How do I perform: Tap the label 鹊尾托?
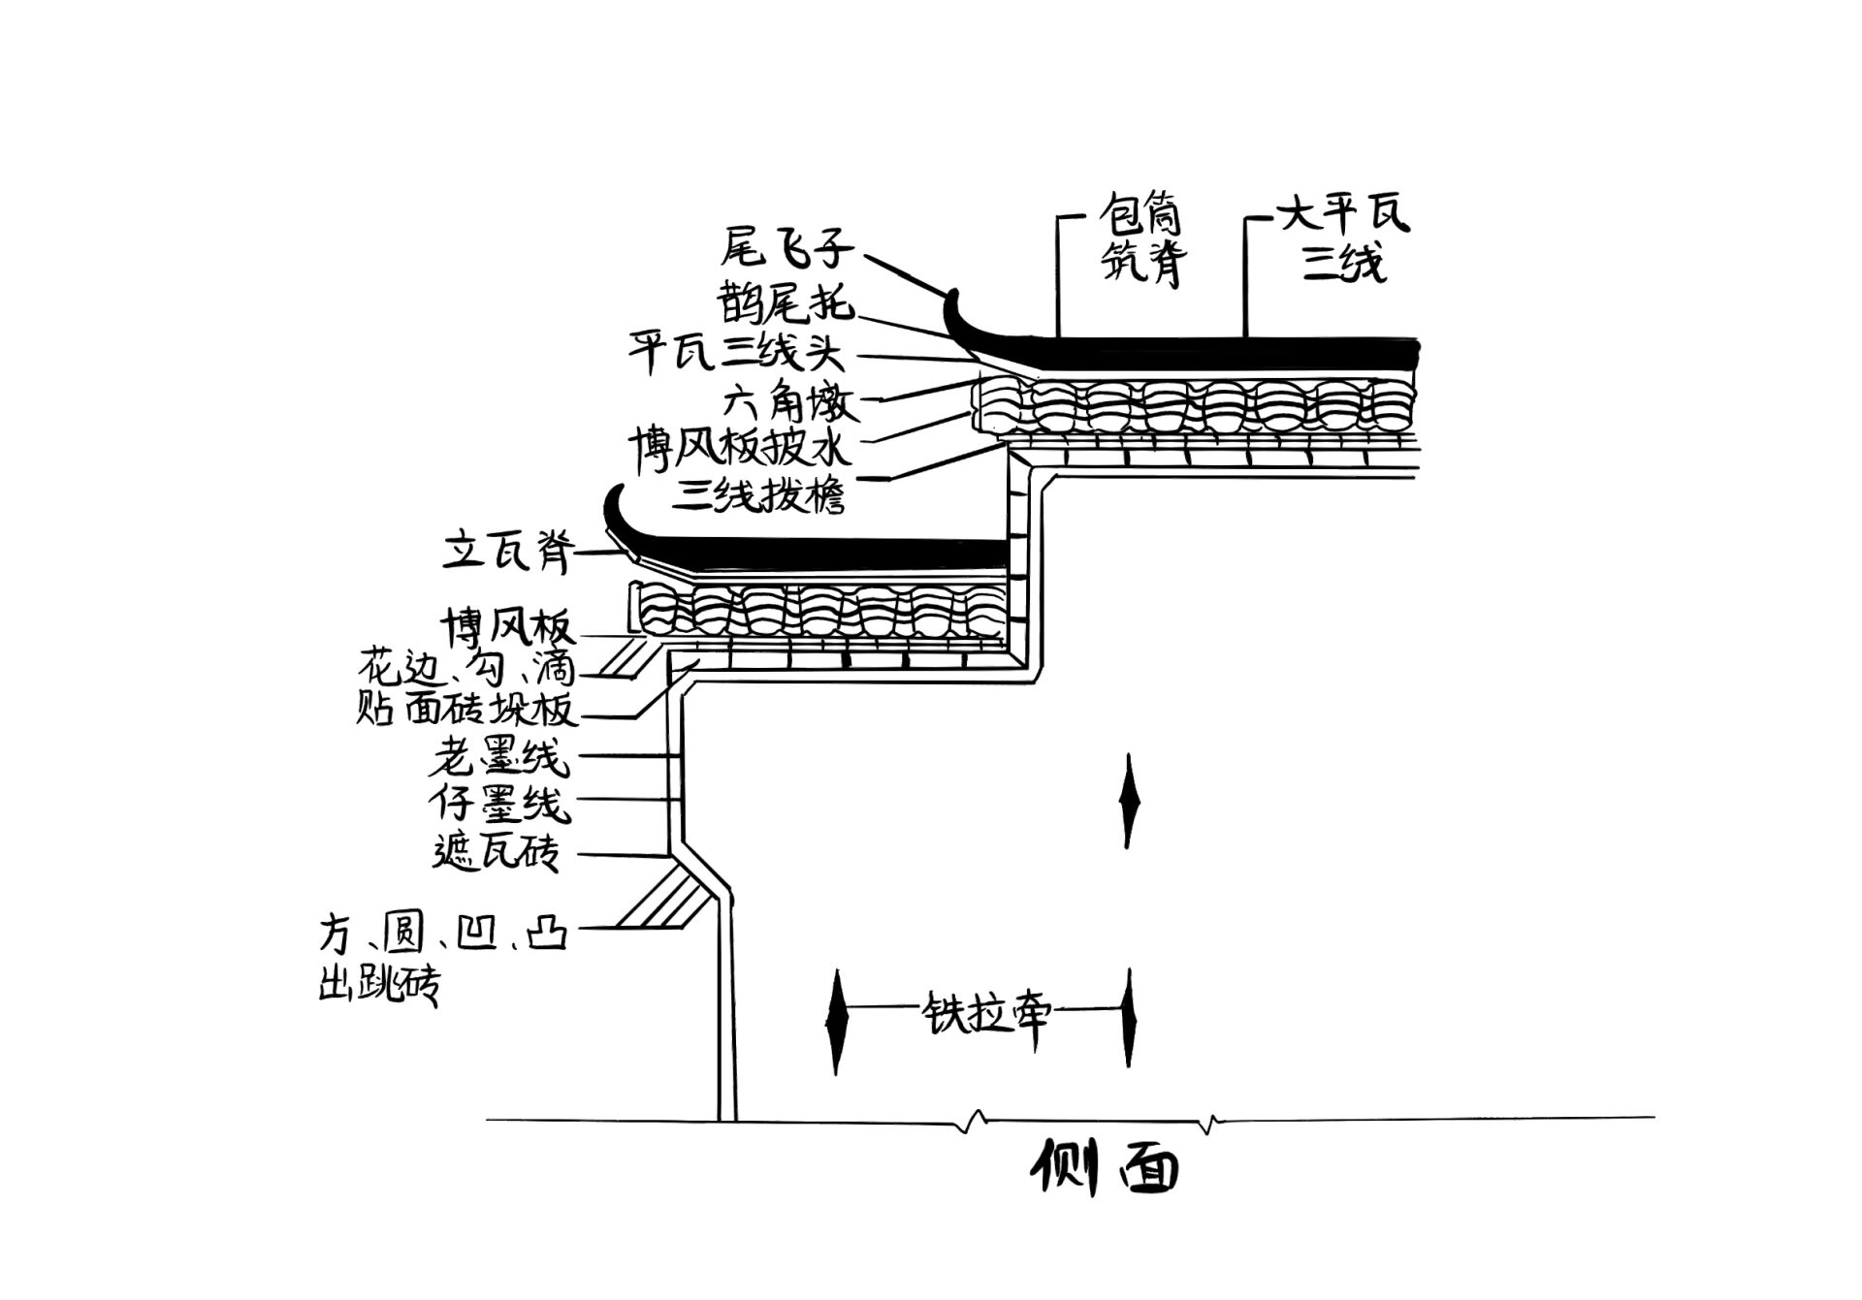pyautogui.click(x=787, y=302)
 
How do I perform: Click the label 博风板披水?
pyautogui.click(x=740, y=448)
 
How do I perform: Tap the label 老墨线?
pyautogui.click(x=498, y=757)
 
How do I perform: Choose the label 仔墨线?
pyautogui.click(x=498, y=804)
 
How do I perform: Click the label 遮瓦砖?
pyautogui.click(x=496, y=852)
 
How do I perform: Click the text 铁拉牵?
pyautogui.click(x=984, y=1013)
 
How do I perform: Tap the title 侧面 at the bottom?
pyautogui.click(x=1104, y=1167)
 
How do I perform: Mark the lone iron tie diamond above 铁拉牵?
pyautogui.click(x=1128, y=801)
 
